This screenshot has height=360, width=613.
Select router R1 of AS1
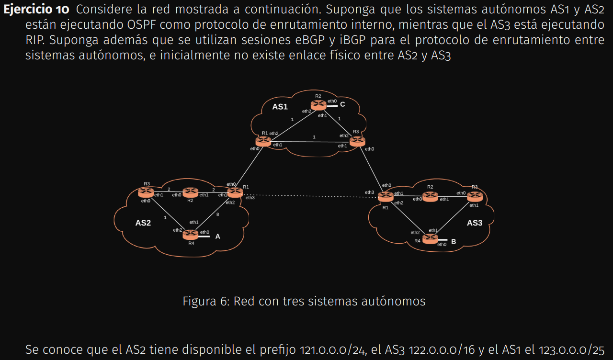[263, 141]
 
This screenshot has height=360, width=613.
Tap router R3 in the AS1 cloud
[357, 141]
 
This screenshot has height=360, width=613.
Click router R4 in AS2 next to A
[190, 235]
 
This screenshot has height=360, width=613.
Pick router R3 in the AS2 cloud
[146, 192]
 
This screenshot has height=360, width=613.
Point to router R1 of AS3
[385, 196]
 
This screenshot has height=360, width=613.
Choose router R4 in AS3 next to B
[430, 239]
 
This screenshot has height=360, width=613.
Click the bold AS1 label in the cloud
[280, 107]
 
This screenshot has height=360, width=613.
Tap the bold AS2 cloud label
[143, 223]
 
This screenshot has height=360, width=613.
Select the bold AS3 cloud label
[475, 223]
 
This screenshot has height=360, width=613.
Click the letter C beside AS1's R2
[342, 104]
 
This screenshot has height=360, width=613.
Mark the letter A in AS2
[217, 236]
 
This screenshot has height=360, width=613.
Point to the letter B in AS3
[453, 242]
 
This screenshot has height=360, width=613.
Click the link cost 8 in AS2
[217, 214]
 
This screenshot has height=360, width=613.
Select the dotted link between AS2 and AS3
[311, 195]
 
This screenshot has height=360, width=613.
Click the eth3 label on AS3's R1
[369, 192]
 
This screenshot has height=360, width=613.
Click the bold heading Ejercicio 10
[36, 9]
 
